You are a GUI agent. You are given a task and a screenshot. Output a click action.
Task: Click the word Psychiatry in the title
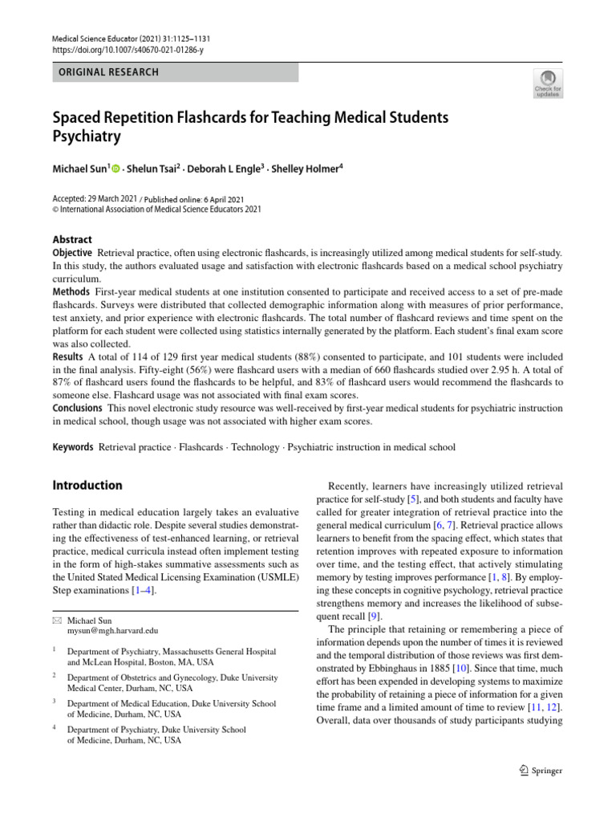(87, 136)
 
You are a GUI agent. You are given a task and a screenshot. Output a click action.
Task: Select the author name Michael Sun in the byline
(79, 169)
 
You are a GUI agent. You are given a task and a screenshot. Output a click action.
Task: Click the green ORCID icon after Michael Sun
(116, 169)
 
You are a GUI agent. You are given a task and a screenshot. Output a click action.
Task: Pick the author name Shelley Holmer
(305, 169)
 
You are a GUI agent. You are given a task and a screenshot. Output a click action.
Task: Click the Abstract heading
(72, 239)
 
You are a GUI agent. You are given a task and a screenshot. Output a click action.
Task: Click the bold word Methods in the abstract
(71, 291)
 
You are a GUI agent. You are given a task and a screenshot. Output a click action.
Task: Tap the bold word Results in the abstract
(68, 356)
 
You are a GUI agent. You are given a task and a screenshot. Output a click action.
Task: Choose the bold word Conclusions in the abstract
(78, 408)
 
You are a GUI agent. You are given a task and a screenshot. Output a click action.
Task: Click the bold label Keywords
(73, 447)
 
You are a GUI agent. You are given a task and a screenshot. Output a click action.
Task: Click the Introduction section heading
(87, 486)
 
